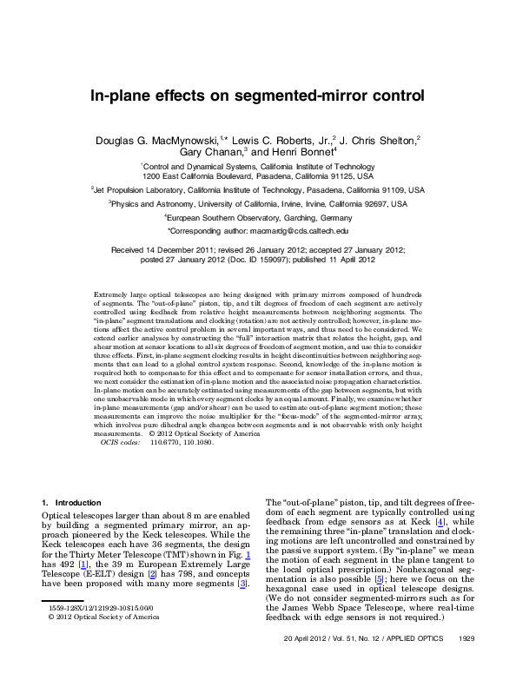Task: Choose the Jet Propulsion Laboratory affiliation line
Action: [x=258, y=189]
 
